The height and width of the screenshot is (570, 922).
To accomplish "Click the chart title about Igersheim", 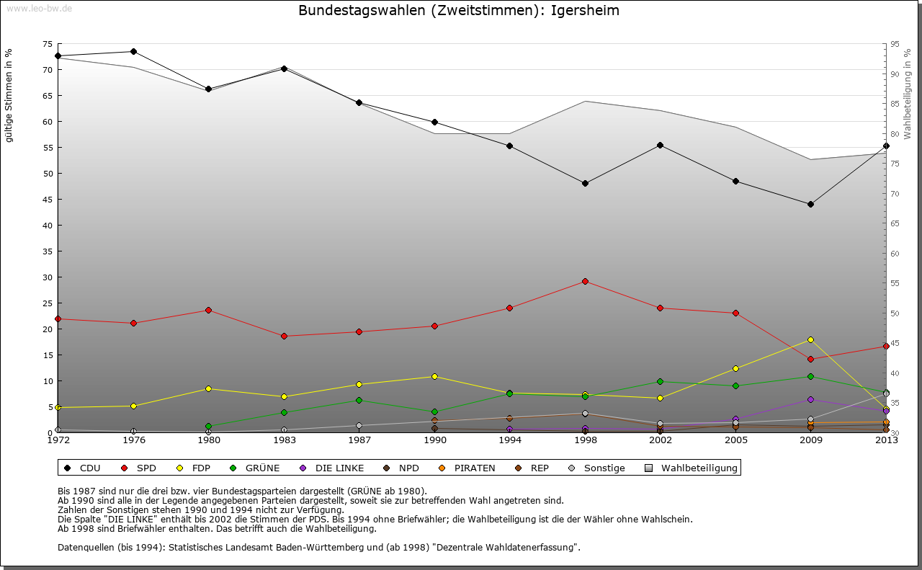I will click(x=458, y=11).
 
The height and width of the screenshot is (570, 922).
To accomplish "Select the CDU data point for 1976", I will click(x=133, y=52).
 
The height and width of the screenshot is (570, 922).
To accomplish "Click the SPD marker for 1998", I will click(x=585, y=281).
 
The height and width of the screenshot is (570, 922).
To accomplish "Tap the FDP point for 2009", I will click(x=810, y=339).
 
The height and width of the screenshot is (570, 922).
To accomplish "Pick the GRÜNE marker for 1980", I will click(x=208, y=426).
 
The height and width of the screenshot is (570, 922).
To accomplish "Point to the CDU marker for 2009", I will click(x=810, y=204).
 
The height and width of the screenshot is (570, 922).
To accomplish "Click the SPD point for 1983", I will click(x=284, y=336).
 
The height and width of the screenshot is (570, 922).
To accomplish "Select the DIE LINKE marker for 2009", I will click(x=810, y=399).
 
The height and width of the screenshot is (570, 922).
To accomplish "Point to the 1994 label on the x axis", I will click(x=509, y=440).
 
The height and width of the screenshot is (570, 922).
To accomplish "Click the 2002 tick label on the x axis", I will click(x=660, y=440).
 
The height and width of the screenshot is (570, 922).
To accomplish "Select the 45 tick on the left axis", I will click(x=48, y=199).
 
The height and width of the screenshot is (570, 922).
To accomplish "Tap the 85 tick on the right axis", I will click(x=895, y=104).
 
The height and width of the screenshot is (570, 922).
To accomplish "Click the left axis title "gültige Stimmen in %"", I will click(x=9, y=95).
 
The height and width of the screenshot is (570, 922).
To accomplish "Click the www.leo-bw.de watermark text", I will click(x=38, y=8).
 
